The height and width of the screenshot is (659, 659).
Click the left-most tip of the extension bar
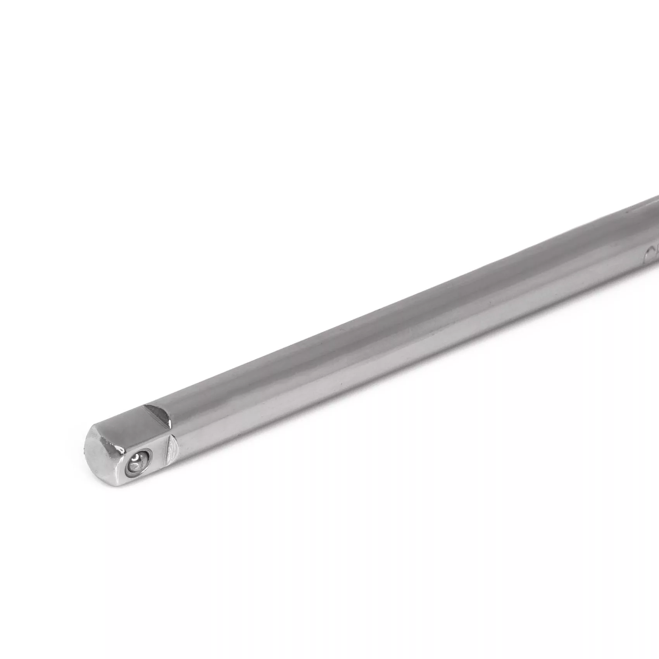(x=86, y=450)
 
